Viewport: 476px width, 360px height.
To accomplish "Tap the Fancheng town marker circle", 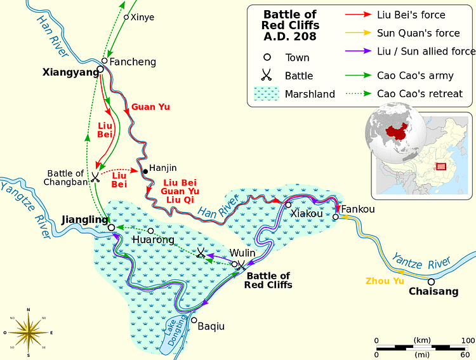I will tap(105, 61).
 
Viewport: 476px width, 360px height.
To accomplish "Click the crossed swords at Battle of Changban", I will tap(95, 177).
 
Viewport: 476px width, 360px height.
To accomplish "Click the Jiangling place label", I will tap(85, 220).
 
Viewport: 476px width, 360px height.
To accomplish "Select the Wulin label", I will tap(242, 253).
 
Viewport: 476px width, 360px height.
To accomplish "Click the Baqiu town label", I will tap(211, 327).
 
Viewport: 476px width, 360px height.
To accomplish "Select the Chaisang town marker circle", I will tap(431, 281).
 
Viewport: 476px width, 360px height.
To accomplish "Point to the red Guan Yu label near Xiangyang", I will tap(150, 107).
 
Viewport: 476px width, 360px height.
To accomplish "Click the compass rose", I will tap(28, 332).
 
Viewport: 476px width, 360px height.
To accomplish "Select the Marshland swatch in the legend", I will tap(267, 93).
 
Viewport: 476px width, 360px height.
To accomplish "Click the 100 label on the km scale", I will tap(468, 341).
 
